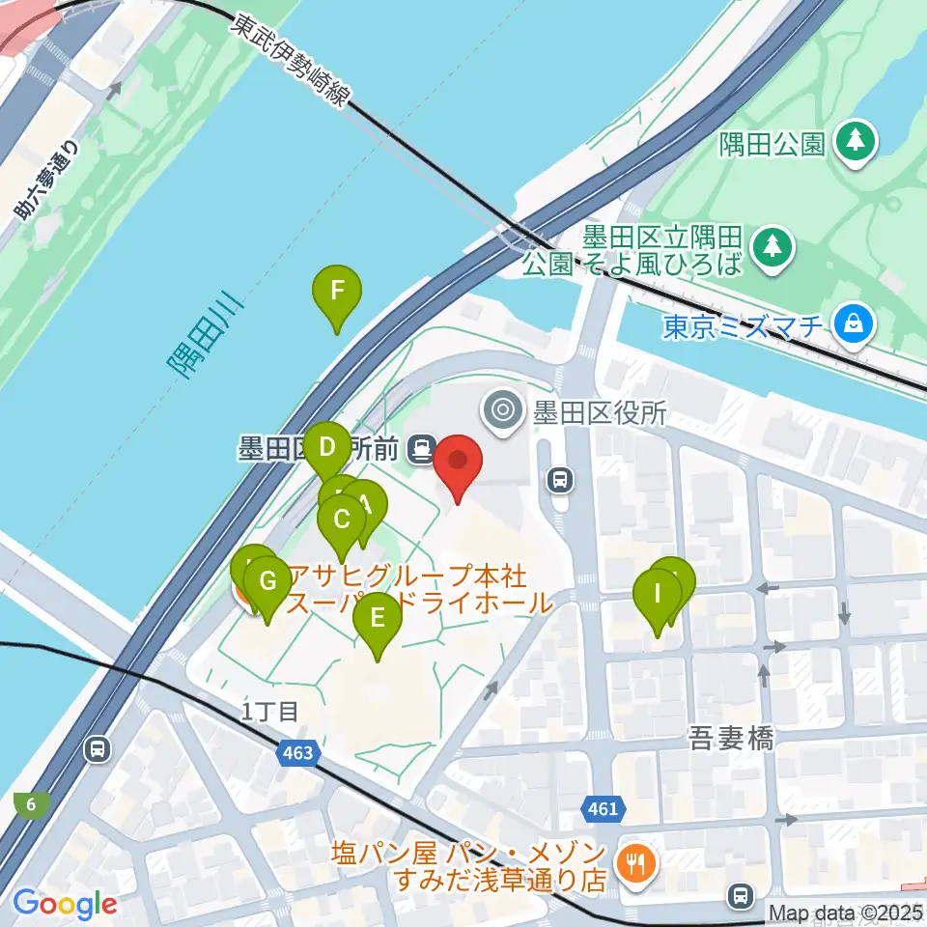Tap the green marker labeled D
[x=326, y=448]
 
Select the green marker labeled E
[x=377, y=618]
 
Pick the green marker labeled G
[x=267, y=582]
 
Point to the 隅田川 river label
[x=206, y=338]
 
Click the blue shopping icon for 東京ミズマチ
[x=854, y=323]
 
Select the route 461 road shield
[x=601, y=809]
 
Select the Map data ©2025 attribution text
[x=846, y=913]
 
